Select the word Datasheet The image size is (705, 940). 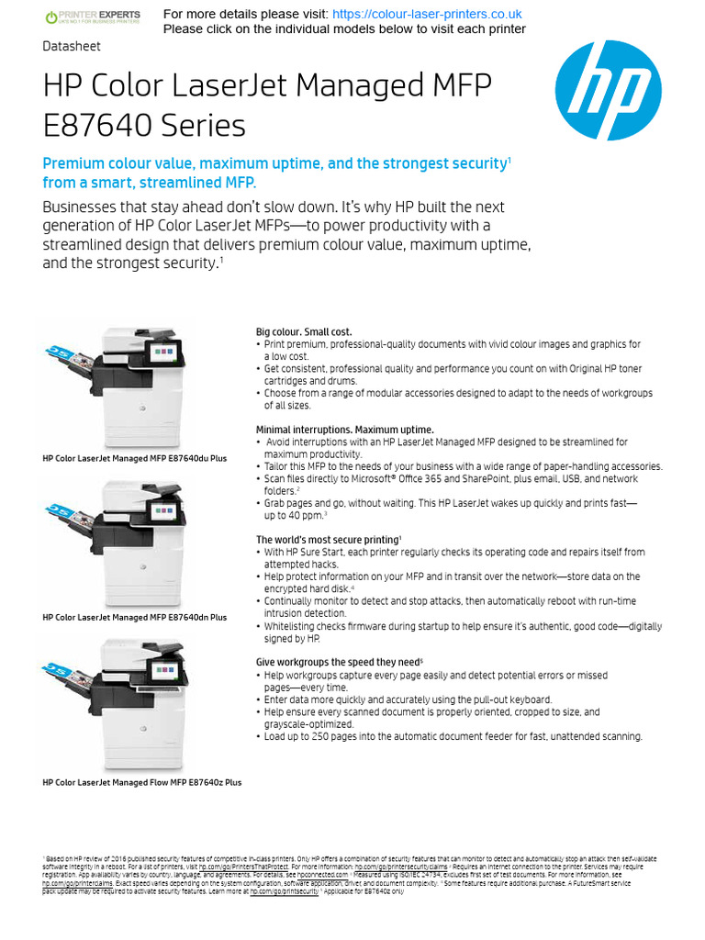72,46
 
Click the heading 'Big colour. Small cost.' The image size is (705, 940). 304,331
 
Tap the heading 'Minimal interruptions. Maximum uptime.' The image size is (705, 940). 344,430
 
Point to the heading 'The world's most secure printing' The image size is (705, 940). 328,540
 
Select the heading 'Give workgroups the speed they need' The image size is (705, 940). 337,662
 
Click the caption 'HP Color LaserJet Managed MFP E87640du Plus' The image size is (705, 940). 135,457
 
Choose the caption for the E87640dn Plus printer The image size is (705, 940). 135,618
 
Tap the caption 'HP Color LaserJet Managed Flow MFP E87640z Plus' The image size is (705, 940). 142,783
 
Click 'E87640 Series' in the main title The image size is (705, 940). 144,125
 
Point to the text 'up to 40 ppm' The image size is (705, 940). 293,517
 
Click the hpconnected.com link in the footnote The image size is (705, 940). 295,876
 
